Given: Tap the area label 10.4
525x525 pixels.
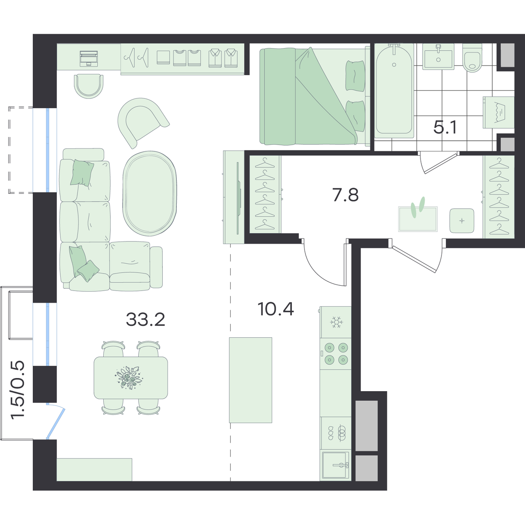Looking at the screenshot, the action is [276, 309].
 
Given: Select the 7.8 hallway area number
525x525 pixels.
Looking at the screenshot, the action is [346, 195].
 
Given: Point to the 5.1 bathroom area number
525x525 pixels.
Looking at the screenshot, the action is [445, 127].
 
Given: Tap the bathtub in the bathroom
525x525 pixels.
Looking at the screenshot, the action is [394, 91].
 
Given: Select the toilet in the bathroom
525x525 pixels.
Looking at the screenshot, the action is [472, 58].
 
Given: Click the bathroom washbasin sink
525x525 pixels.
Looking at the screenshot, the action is [438, 57].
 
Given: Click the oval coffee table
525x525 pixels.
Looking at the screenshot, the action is [150, 193].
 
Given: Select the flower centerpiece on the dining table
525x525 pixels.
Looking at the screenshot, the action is [129, 378].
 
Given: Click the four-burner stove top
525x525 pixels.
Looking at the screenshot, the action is [336, 353].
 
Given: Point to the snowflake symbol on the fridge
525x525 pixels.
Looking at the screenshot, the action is [337, 322].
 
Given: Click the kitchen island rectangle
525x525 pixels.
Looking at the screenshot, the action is [250, 380].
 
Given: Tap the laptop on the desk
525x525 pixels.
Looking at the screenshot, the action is [89, 59].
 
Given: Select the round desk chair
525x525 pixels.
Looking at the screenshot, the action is [88, 86].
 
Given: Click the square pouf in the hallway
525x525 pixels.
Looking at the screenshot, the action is [462, 220].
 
